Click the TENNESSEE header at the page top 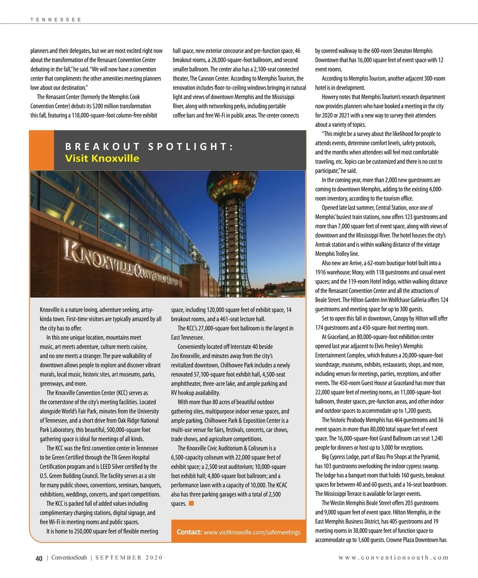point(56,20)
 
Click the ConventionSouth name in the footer point(69,558)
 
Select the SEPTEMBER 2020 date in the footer point(129,558)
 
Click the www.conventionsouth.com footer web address point(393,558)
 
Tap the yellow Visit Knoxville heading point(102,158)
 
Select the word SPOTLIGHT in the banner point(190,146)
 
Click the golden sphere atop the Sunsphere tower point(230,187)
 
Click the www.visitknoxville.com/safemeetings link point(252,532)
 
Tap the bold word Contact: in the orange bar point(189,532)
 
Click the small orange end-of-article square point(191,503)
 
